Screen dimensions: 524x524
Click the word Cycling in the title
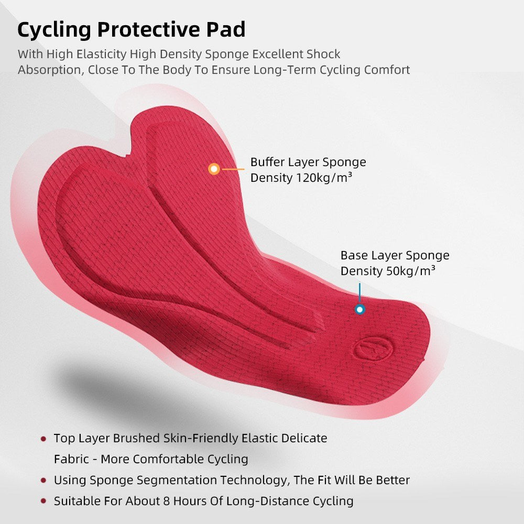click(54, 30)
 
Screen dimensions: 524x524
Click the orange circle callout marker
click(214, 169)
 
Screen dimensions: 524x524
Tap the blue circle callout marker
click(359, 310)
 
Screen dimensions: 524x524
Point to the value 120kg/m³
click(324, 178)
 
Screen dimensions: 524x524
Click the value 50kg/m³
click(411, 271)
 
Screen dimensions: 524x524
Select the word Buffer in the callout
click(268, 162)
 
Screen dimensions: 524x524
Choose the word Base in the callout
click(354, 255)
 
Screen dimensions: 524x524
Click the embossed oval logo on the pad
click(373, 349)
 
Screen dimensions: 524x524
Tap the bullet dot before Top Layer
click(43, 439)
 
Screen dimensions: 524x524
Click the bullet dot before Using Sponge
click(43, 480)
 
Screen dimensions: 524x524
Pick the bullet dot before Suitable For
click(43, 501)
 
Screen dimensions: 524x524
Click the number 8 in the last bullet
click(167, 501)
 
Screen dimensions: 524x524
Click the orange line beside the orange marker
click(233, 169)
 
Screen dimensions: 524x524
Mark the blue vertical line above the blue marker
click(359, 293)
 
